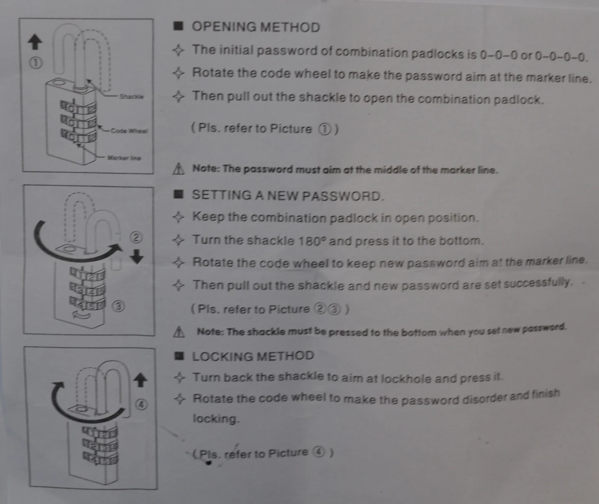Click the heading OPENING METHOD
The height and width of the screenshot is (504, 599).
click(x=255, y=27)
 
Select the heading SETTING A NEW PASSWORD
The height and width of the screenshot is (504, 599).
click(x=287, y=196)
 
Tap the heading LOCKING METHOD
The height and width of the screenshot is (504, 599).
click(x=253, y=356)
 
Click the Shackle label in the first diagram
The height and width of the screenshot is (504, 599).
click(x=131, y=97)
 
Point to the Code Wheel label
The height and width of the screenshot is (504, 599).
click(x=130, y=131)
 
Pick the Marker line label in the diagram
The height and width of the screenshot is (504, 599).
click(x=124, y=158)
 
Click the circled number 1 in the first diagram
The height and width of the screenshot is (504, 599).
click(x=36, y=63)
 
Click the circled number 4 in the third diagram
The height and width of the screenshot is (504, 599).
click(x=141, y=405)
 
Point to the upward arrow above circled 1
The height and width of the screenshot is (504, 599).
click(x=35, y=42)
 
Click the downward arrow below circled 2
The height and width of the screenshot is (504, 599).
click(x=137, y=257)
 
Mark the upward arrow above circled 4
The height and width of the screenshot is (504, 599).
click(x=140, y=380)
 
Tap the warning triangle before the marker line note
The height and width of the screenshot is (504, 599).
click(x=179, y=168)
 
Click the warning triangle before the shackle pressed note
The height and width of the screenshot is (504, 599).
click(x=179, y=332)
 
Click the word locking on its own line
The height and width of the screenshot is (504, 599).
click(x=216, y=419)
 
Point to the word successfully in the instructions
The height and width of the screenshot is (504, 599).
click(x=537, y=283)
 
